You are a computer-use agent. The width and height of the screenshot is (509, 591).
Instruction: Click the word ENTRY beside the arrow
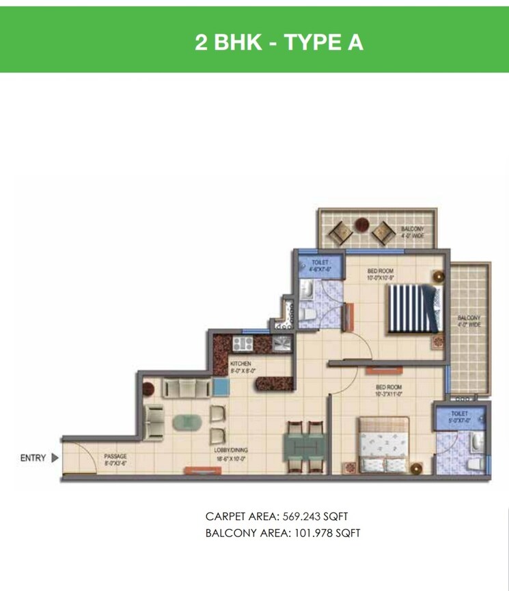tap(32, 458)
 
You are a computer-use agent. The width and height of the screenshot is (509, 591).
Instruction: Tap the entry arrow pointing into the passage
tap(55, 458)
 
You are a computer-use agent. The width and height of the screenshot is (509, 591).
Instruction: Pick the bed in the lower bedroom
tap(383, 443)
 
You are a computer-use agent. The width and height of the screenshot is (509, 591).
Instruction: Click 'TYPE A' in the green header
tap(323, 42)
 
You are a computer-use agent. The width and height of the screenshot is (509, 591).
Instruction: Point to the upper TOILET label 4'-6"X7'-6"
tap(320, 265)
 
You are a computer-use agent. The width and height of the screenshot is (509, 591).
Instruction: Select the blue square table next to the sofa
tap(220, 387)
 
